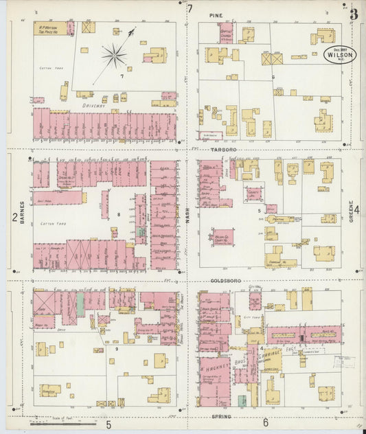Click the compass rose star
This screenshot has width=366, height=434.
[114, 55]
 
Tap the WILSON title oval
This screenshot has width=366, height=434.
[340, 55]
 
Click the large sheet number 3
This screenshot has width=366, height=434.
[354, 13]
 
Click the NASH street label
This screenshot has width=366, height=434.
[187, 215]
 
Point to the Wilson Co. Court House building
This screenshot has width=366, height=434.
[222, 238]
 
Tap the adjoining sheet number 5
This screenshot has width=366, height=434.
[108, 424]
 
